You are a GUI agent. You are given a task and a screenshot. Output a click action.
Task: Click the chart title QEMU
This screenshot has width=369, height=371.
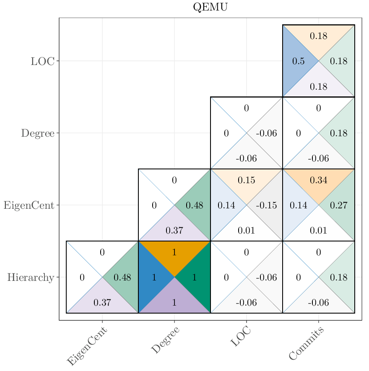210,7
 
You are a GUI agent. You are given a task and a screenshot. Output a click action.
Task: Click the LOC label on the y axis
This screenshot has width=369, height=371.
42,61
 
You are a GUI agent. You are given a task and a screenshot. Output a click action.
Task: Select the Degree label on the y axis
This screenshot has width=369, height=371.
38,133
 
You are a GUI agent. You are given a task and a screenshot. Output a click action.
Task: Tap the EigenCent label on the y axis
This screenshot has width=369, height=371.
29,205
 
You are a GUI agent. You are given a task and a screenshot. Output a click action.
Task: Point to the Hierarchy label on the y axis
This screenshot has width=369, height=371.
31,278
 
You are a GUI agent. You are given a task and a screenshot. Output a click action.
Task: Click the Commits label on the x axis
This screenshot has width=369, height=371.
307,344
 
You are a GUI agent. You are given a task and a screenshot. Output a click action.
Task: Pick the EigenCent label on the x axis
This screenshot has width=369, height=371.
87,346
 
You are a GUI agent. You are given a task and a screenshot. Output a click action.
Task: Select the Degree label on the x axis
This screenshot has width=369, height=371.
165,340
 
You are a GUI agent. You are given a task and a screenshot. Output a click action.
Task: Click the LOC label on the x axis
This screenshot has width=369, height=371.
241,337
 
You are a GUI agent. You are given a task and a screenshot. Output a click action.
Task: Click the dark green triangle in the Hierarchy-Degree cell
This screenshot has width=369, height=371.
195,277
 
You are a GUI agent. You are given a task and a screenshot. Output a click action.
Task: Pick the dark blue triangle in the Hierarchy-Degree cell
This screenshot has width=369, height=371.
153,277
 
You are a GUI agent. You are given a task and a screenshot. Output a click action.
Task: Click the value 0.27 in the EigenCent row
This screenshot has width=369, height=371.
338,205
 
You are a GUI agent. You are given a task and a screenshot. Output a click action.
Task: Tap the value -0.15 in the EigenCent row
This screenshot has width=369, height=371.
266,205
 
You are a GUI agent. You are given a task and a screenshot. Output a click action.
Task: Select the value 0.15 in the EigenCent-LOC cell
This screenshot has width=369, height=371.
247,180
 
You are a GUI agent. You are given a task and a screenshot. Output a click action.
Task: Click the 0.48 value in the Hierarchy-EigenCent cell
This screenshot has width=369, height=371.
122,278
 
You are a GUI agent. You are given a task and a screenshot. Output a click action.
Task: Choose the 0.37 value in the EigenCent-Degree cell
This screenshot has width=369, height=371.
174,230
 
